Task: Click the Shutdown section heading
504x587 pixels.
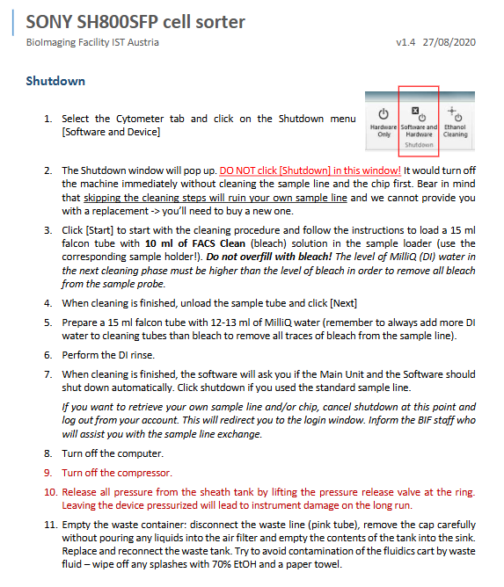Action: [55, 81]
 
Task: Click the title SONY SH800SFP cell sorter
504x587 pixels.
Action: [135, 22]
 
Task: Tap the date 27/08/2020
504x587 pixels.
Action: [449, 42]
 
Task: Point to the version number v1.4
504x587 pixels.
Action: [405, 42]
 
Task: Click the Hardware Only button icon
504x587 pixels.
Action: [383, 114]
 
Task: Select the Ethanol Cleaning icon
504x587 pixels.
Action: [455, 113]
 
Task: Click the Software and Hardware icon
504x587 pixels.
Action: [419, 114]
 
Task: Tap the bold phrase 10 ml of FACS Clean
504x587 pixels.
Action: [195, 243]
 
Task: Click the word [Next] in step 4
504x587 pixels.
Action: [343, 303]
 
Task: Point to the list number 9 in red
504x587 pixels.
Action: [48, 473]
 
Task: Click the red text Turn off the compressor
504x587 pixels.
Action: [117, 473]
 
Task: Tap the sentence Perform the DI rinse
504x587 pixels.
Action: [108, 355]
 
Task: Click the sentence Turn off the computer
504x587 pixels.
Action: [113, 453]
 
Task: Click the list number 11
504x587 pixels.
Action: [50, 525]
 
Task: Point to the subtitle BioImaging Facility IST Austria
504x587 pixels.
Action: [92, 42]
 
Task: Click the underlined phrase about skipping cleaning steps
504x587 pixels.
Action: [215, 198]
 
